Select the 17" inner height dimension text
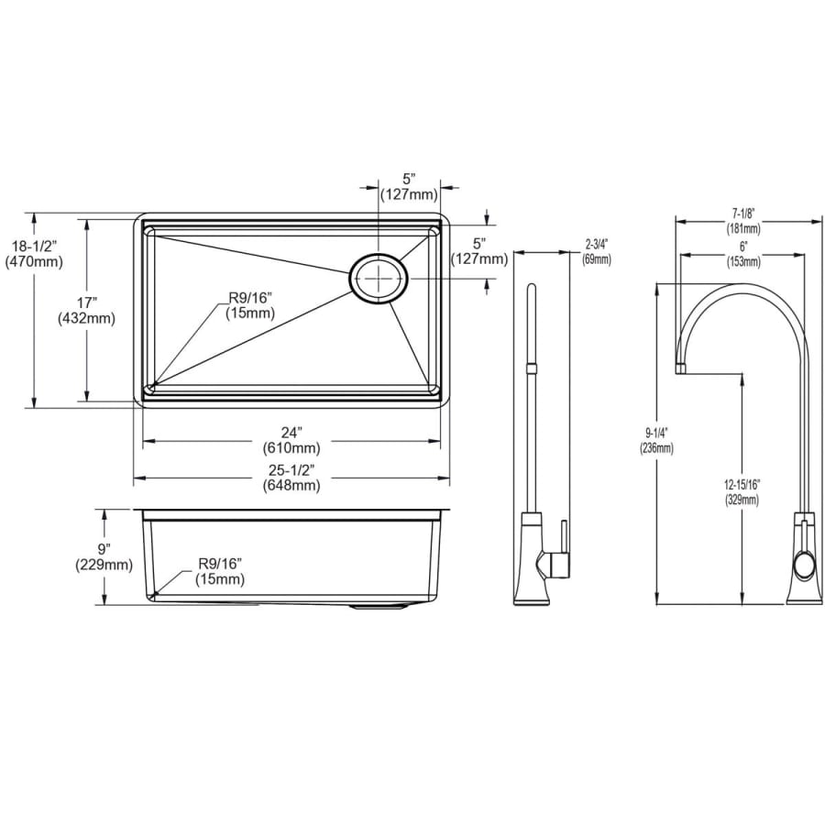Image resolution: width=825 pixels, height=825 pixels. pos(87,310)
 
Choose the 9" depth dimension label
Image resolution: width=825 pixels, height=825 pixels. pos(104,549)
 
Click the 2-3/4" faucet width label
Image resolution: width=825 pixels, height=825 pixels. pos(597,246)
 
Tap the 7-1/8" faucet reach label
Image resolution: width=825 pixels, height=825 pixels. pos(743,214)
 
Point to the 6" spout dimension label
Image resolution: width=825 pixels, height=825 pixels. pos(743,247)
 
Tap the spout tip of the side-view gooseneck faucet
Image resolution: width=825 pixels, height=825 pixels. pos(681,368)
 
